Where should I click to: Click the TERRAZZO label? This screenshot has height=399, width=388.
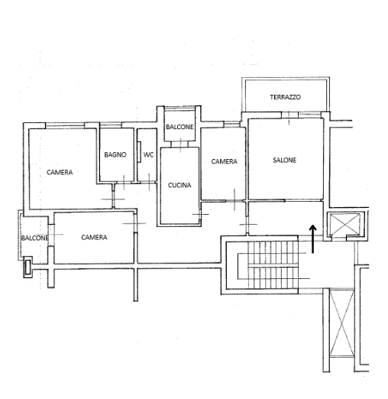pos(286,97)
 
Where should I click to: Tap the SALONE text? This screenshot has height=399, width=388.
pos(285,161)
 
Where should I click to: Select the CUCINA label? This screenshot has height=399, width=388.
pos(179,185)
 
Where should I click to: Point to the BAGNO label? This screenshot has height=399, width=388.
pos(115,154)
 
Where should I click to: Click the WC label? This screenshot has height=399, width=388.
pos(148,154)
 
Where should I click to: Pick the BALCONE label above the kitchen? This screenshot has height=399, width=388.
pos(179,127)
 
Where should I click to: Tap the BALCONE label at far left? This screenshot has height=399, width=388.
pos(34,238)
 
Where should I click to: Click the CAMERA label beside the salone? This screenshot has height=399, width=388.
pos(225,161)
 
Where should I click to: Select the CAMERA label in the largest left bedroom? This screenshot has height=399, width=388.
pos(60,173)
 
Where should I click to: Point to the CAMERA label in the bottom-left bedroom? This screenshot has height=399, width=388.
pos(94,238)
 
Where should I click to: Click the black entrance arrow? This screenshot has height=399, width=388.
pos(313,239)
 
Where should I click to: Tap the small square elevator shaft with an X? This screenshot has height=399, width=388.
pos(345,224)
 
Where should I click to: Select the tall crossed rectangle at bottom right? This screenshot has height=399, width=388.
pos(342,323)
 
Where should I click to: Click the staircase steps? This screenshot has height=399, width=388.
pos(273,265)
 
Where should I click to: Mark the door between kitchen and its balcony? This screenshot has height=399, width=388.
pos(180,144)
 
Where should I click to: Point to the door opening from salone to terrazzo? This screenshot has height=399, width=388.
pos(289,116)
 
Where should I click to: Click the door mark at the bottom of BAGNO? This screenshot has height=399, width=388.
pos(124,183)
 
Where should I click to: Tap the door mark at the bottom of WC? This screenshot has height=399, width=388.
pos(149,183)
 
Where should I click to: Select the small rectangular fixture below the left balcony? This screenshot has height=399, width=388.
pos(27,267)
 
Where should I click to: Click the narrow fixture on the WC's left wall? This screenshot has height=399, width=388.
pos(139,152)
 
